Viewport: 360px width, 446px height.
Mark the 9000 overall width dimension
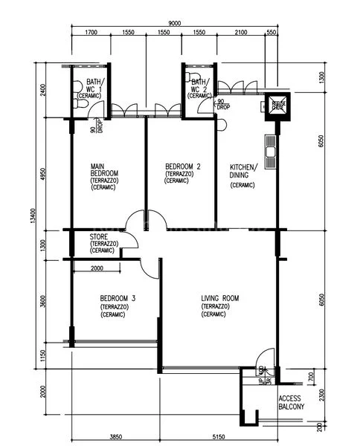pyautogui.click(x=175, y=23)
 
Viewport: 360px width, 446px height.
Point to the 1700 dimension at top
pyautogui.click(x=91, y=33)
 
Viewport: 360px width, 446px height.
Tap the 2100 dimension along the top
pyautogui.click(x=240, y=33)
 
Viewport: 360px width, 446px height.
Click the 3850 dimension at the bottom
pyautogui.click(x=115, y=437)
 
